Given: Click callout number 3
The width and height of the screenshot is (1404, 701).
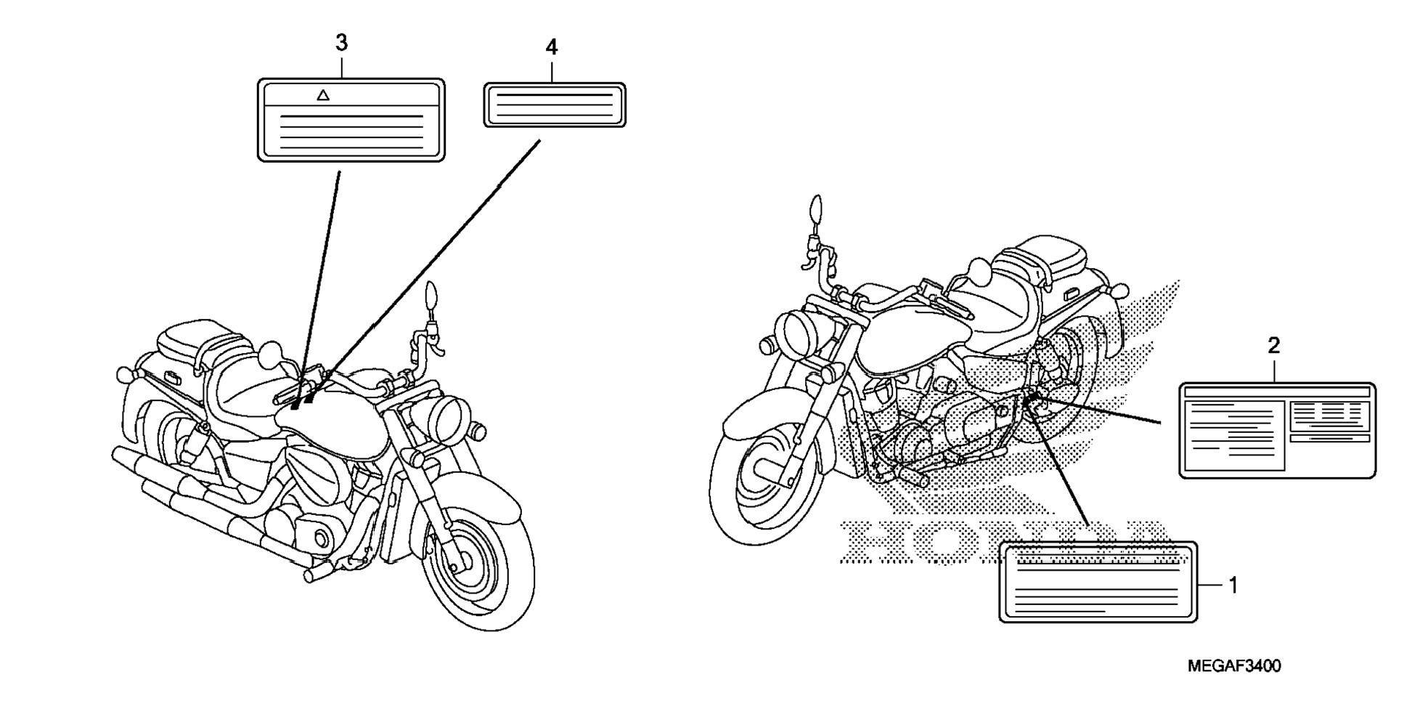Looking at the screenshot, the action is pos(341,43).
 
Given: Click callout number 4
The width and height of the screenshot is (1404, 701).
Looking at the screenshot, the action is pos(551,48).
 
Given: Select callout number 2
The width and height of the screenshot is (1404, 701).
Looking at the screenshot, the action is pos(1273,346).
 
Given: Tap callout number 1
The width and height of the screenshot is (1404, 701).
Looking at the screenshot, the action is pos(1232,585).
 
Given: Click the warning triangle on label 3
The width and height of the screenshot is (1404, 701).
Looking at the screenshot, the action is pos(324,94).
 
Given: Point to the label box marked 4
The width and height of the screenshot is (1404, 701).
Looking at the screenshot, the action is pos(555,105).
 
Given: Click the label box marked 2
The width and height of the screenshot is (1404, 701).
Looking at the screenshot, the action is pos(1276,430).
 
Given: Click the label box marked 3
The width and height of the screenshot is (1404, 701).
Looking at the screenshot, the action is pos(351,120).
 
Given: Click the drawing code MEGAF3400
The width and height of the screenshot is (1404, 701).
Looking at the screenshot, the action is pos(1234,666).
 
